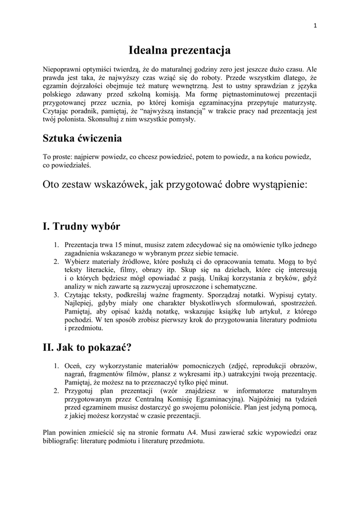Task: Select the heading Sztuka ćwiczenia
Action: [x=82, y=138]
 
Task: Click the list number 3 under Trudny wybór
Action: [x=56, y=295]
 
